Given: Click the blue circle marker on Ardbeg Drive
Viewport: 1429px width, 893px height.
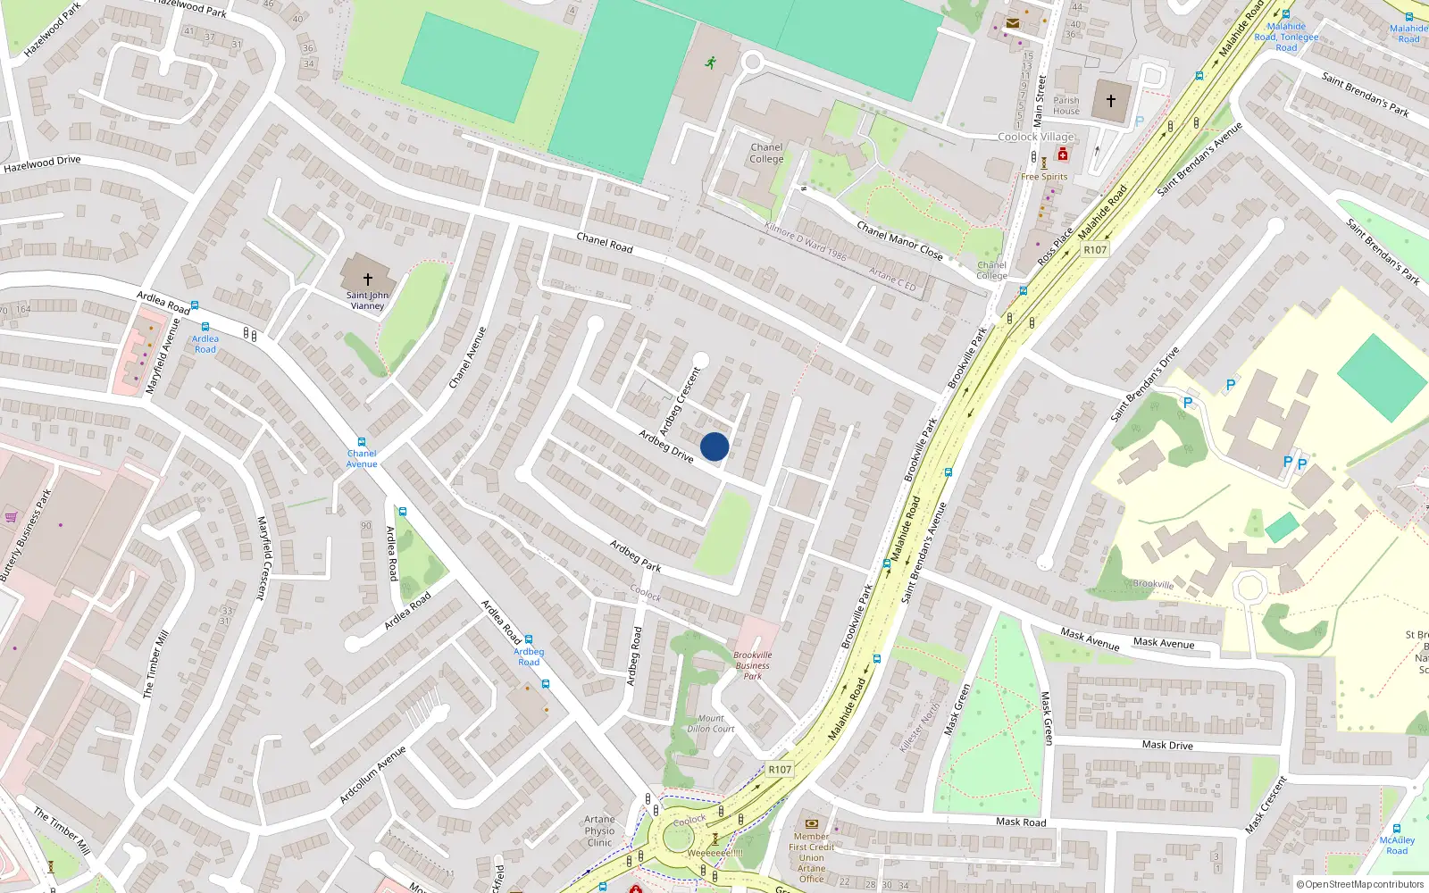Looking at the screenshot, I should [x=714, y=446].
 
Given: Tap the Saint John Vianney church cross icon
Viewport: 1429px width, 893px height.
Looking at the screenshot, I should [x=367, y=280].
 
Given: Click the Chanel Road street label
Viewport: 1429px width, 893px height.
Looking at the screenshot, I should [x=605, y=242].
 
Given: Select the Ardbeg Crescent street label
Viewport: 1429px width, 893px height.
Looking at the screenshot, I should [x=680, y=402].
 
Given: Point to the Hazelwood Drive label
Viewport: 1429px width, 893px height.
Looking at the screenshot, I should [x=42, y=164].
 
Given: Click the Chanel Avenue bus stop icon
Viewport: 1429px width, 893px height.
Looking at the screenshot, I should [x=362, y=442].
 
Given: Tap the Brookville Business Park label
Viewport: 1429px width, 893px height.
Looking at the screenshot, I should [x=753, y=665].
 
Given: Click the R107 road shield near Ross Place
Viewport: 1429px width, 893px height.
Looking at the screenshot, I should [x=1095, y=250].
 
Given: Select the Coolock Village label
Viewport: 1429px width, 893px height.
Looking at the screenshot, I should [x=1036, y=137].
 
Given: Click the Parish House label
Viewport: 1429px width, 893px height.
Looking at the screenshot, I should [x=1066, y=105].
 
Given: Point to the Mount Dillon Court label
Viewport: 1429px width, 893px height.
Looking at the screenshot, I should [x=711, y=723].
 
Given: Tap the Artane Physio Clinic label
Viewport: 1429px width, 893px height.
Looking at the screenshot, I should [x=600, y=830].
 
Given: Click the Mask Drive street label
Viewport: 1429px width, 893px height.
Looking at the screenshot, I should [x=1167, y=745].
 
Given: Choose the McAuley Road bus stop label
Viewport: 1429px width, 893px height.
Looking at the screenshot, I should [x=1397, y=845].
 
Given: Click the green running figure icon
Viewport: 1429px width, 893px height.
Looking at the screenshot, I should [x=711, y=63].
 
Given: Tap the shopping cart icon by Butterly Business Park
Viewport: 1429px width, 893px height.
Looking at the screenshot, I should [x=11, y=516].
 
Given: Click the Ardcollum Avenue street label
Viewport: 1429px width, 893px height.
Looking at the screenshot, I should [x=372, y=774].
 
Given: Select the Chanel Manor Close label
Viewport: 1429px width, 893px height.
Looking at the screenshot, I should [x=899, y=240].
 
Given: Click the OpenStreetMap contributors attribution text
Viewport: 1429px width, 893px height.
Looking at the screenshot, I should [x=1359, y=884].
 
